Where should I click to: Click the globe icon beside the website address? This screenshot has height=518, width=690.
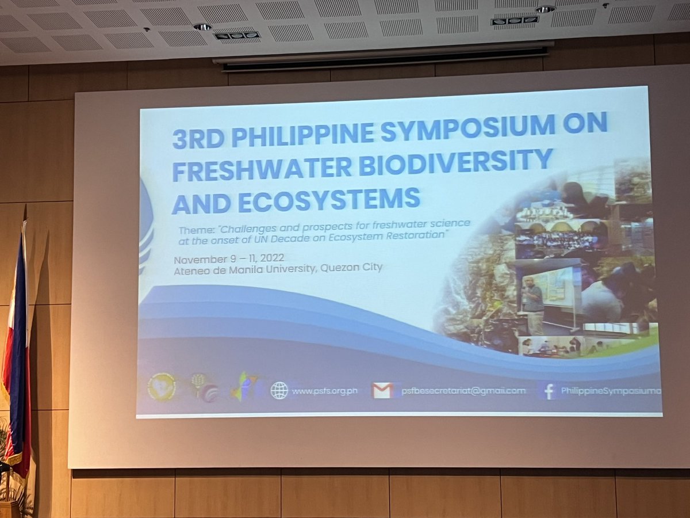pos(279,390)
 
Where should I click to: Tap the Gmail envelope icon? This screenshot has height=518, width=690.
pos(383,390)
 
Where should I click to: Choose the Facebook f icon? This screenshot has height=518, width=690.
pos(549,391)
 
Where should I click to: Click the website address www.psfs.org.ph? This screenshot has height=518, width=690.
pos(324,391)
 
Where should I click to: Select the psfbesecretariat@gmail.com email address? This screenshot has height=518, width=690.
pos(463,391)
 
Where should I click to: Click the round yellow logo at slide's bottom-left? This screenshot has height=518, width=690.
pos(162,387)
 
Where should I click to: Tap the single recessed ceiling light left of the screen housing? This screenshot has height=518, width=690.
pos(202,27)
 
